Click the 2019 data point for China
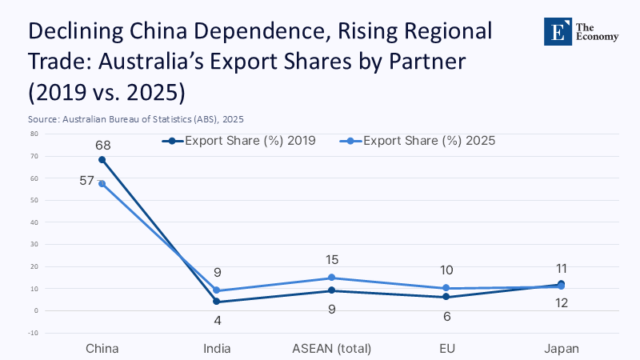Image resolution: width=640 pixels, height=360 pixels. tap(102, 159)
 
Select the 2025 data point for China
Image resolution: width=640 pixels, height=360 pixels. tap(102, 183)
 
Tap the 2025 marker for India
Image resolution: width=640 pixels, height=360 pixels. tap(217, 290)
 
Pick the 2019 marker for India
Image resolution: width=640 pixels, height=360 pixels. tap(217, 302)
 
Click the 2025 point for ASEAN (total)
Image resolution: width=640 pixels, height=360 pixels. tap(332, 278)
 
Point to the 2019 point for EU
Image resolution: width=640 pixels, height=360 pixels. tap(446, 297)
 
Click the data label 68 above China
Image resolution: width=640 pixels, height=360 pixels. tap(102, 146)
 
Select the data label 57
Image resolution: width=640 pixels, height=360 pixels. tap(87, 181)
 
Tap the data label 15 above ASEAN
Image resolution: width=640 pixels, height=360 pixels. tap(332, 260)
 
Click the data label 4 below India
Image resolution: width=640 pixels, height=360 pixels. tap(217, 320)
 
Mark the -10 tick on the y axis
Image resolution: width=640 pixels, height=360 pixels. tap(34, 332)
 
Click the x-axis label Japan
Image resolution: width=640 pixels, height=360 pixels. tap(561, 349)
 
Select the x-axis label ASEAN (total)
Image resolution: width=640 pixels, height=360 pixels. tap(332, 349)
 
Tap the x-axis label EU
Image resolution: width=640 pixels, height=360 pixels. tap(446, 349)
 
